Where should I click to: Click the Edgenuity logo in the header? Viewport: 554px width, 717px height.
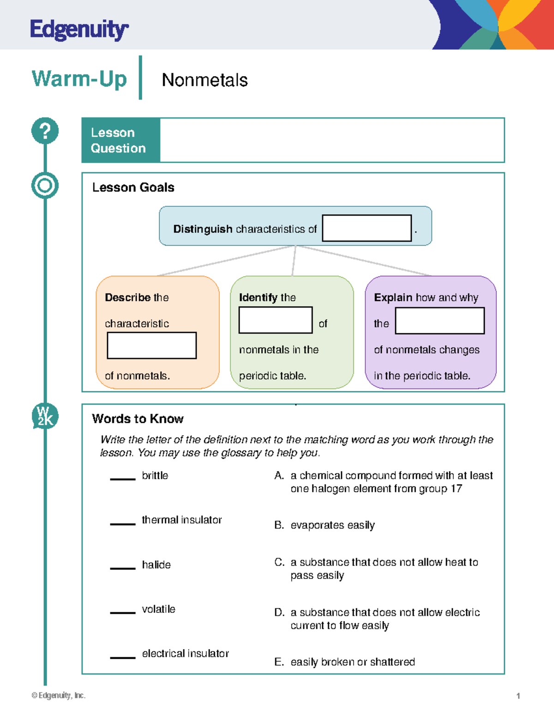(79, 30)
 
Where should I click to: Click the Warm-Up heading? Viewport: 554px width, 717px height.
(79, 78)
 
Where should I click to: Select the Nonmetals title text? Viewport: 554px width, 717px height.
(205, 80)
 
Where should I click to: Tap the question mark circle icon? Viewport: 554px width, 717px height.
(45, 131)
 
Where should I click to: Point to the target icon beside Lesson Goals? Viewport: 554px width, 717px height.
(45, 186)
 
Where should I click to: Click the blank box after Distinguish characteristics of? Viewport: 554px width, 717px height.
(367, 228)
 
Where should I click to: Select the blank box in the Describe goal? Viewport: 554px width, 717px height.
(151, 345)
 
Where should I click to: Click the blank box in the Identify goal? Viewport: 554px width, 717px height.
(275, 320)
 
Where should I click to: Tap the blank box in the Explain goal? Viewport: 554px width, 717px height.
(440, 320)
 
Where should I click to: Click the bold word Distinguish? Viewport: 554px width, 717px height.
(203, 229)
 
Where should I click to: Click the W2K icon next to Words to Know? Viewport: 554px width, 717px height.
(45, 416)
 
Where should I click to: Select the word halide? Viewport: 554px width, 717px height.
(156, 565)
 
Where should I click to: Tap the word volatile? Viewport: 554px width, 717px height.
(158, 609)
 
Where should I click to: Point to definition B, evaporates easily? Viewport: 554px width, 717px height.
(332, 525)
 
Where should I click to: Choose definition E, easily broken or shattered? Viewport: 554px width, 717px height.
(352, 662)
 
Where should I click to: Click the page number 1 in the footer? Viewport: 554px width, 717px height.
(518, 696)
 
